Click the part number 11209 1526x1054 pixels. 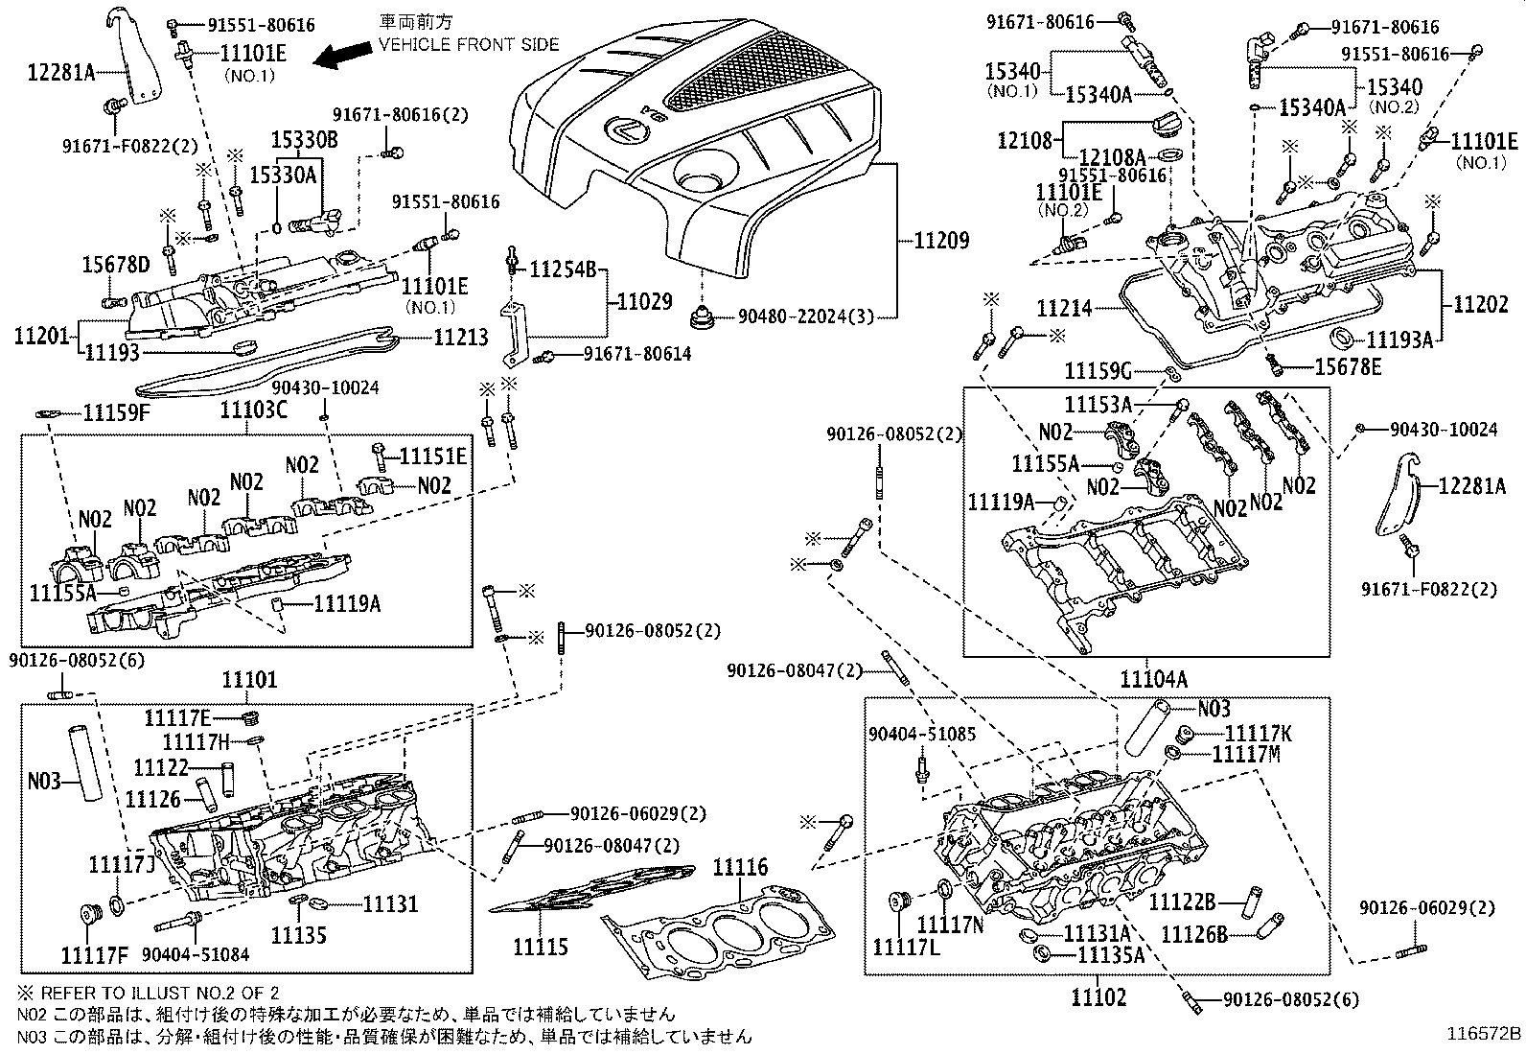(x=929, y=240)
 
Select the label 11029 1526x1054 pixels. (x=645, y=302)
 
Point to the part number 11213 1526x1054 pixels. (x=461, y=337)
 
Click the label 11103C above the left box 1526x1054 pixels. (x=254, y=410)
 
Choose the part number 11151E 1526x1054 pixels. (x=432, y=457)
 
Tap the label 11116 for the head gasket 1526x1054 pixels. (x=740, y=868)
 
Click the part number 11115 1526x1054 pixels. (x=541, y=948)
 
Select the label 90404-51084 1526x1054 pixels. (x=196, y=954)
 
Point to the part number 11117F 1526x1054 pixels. (x=94, y=954)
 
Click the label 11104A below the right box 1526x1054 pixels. (x=1154, y=679)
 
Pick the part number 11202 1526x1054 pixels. (x=1480, y=305)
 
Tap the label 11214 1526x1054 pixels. (x=1064, y=309)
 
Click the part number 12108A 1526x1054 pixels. (x=1113, y=157)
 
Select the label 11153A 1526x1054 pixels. (x=1098, y=406)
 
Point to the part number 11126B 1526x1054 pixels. (x=1193, y=932)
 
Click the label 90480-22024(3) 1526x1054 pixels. (x=806, y=316)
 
